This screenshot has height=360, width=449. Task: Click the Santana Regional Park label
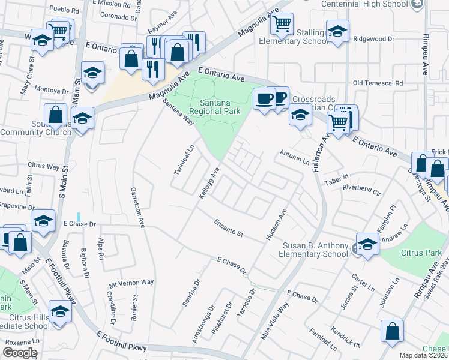[214, 107]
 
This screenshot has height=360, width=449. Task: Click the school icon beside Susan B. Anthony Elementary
[367, 244]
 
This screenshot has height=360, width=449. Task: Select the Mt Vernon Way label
[131, 282]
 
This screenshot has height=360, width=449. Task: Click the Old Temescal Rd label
[378, 83]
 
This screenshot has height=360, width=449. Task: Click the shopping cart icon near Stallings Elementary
[281, 24]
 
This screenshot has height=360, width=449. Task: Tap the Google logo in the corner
[19, 353]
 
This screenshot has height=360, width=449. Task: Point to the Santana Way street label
[179, 112]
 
